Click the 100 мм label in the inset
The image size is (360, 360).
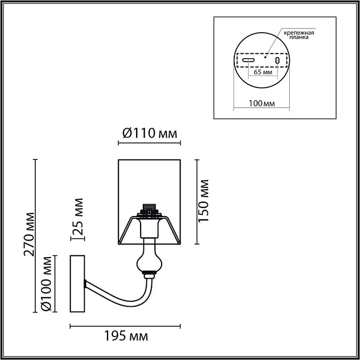point(262,103)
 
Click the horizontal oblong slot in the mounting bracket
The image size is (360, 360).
point(249,61)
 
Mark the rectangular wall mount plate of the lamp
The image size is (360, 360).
point(77,284)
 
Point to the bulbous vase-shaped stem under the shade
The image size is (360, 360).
point(148,259)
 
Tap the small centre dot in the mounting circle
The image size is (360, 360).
point(266,56)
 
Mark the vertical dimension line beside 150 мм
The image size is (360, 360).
point(198,200)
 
